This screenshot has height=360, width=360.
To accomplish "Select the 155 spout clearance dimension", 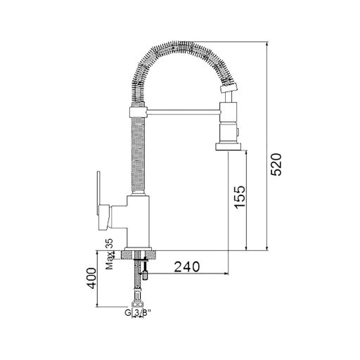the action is tap(240, 197).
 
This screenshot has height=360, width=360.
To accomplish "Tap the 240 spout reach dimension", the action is tap(187, 266).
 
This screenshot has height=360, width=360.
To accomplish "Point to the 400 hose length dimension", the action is tap(91, 278).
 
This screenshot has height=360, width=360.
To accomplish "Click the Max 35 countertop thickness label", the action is tap(109, 254).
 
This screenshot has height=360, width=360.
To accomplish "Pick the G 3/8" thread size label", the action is tap(137, 312).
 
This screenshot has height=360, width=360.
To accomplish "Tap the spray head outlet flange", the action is tap(229, 147).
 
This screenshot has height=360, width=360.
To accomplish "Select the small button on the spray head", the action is tap(238, 132).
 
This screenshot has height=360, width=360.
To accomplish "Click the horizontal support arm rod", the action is tap(182, 112).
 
